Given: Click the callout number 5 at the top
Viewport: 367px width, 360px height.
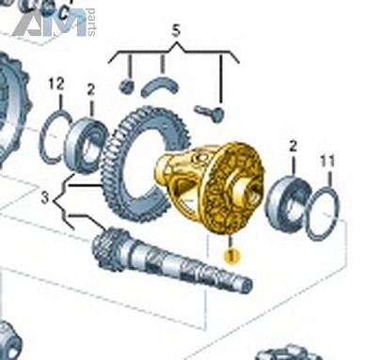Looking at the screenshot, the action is [176, 32].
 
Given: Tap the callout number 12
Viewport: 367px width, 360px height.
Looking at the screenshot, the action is [56, 84].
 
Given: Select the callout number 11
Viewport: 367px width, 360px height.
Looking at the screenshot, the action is [327, 162].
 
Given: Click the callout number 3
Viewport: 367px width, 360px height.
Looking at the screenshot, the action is [45, 198].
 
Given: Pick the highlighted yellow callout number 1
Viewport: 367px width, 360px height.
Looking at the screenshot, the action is [231, 256].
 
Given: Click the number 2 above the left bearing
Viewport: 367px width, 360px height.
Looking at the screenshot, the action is [90, 90].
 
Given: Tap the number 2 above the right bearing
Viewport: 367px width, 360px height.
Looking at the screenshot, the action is [293, 146].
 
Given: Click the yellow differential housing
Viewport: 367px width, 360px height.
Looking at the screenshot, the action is [210, 187].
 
